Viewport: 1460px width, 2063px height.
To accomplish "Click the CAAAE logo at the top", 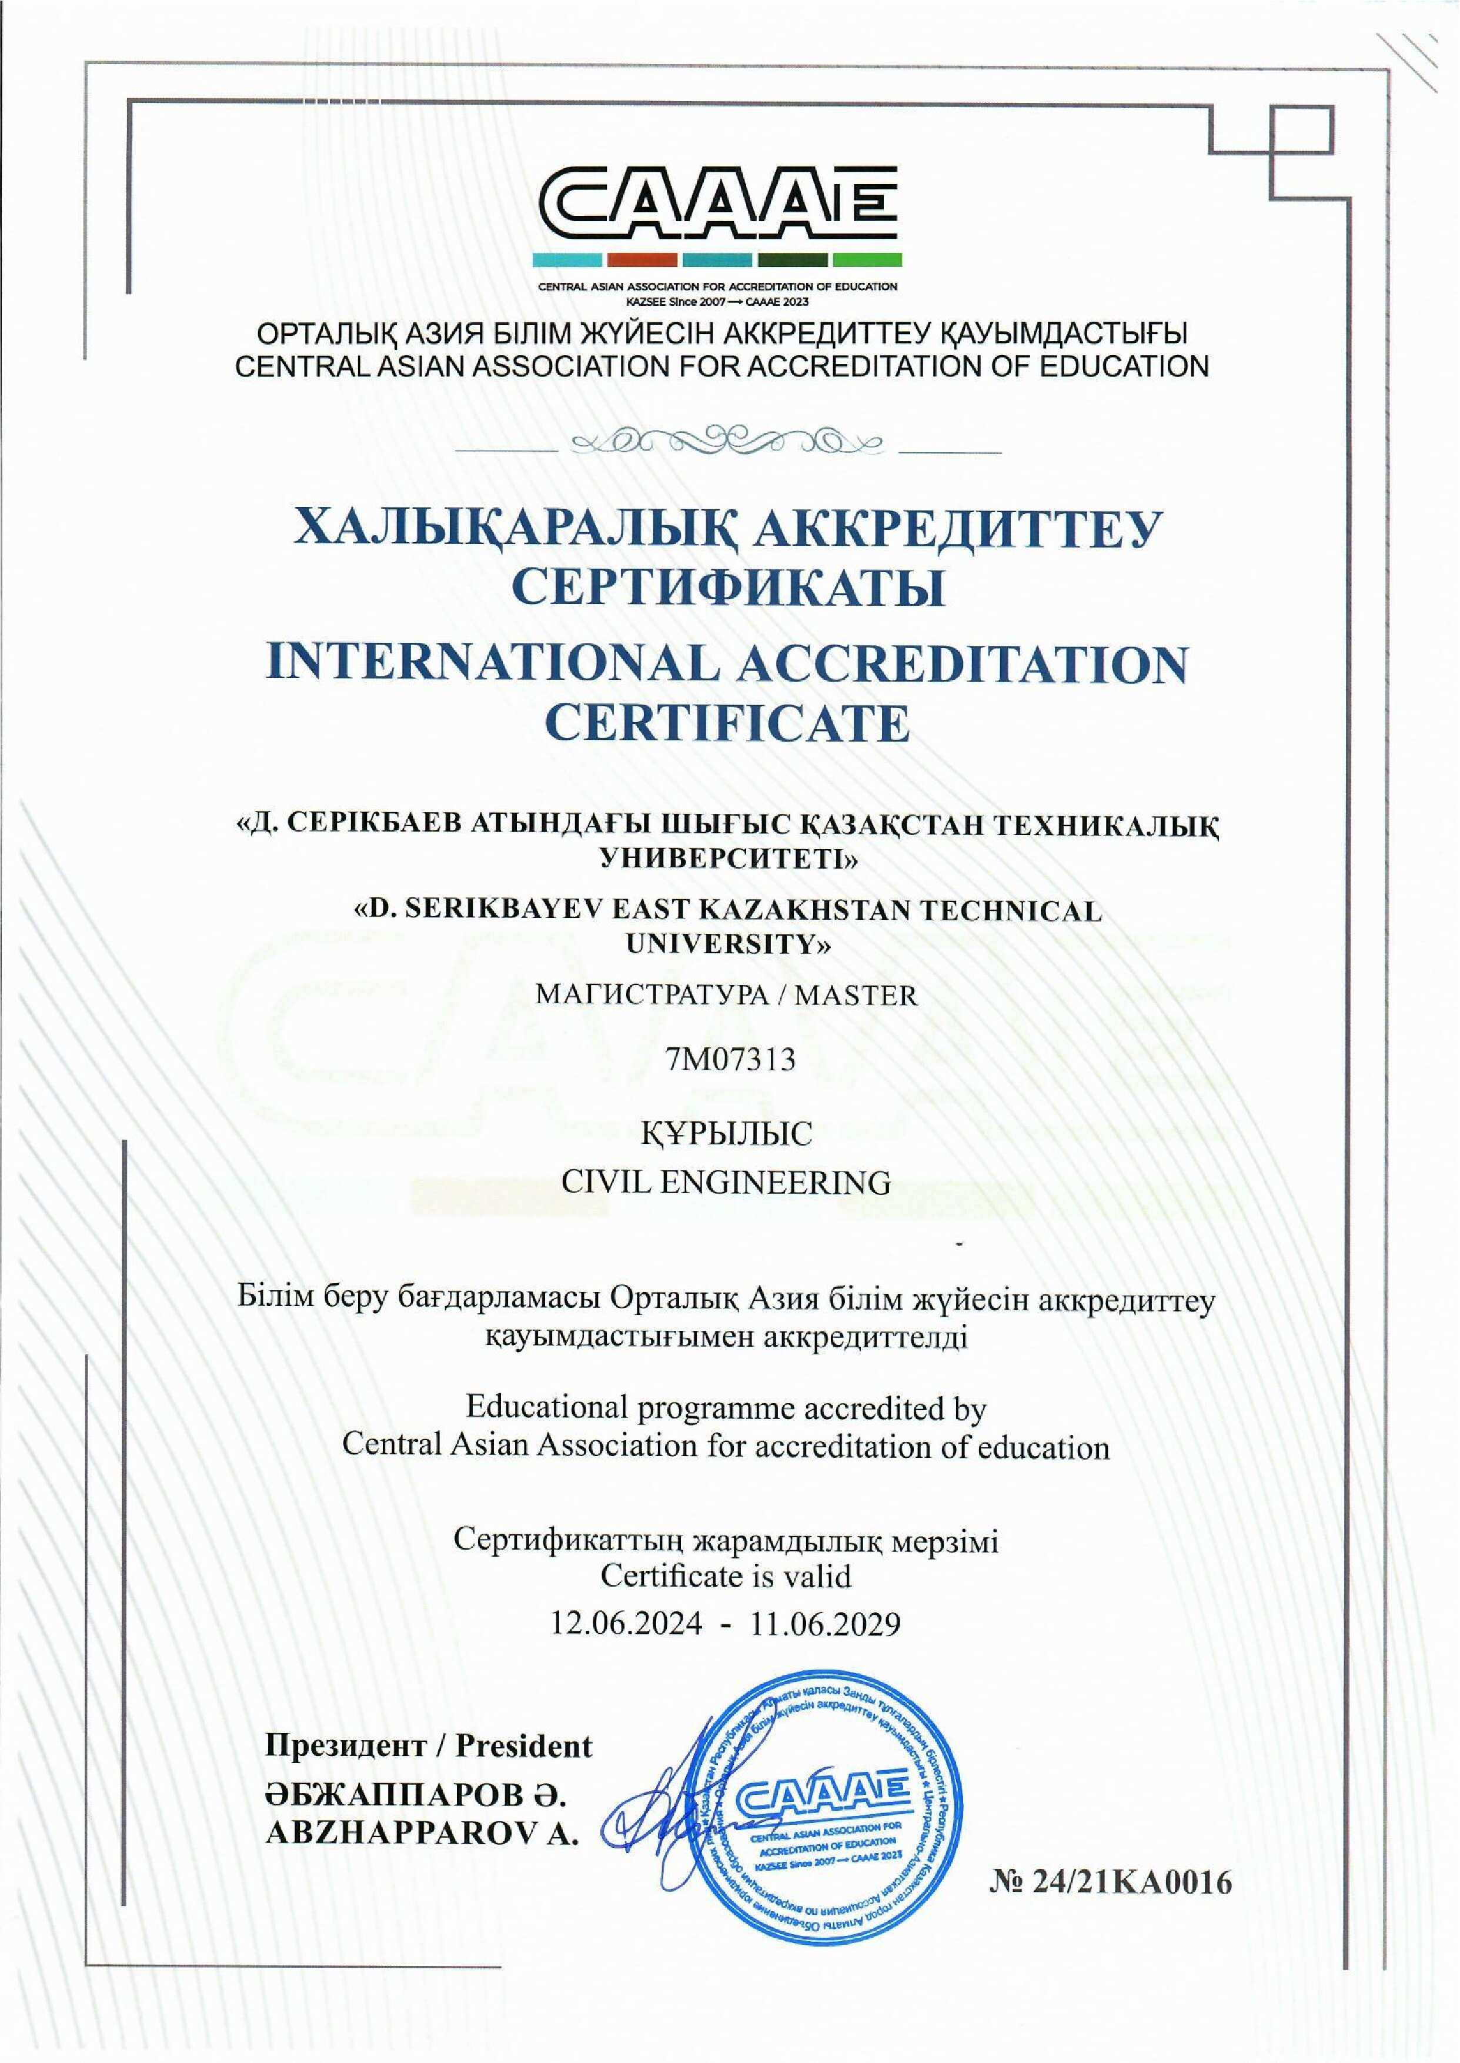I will pyautogui.click(x=717, y=206).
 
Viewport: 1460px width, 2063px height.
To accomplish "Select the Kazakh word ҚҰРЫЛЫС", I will pyautogui.click(x=726, y=1134).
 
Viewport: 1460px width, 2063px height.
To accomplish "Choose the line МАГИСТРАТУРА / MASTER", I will pyautogui.click(x=726, y=995).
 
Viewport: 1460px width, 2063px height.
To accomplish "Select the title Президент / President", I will pyautogui.click(x=429, y=1745).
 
